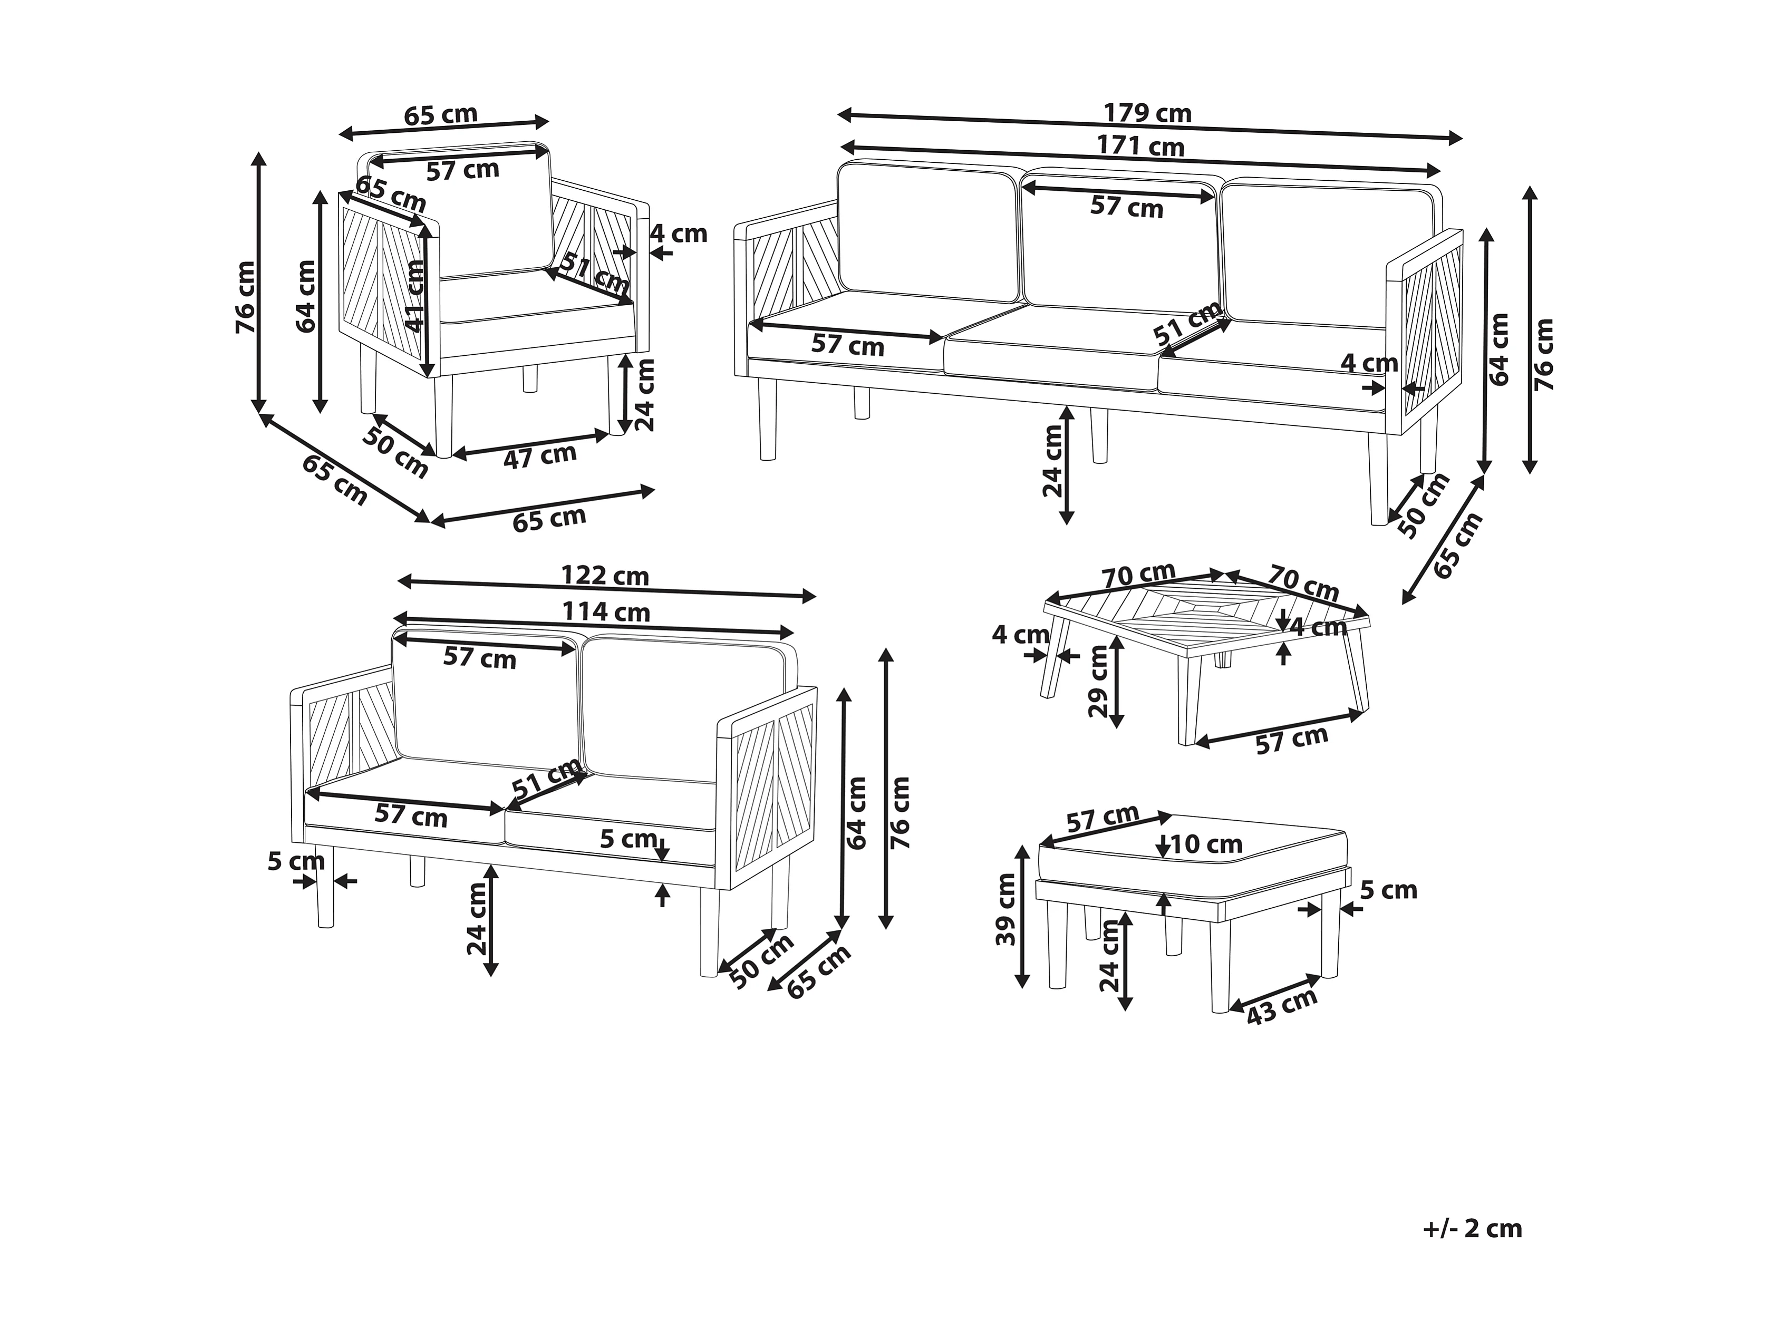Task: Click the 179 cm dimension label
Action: point(1148,113)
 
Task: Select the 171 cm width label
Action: point(1140,147)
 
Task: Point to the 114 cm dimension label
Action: point(606,612)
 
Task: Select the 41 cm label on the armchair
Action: point(415,295)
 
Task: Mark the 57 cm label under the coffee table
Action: point(1292,740)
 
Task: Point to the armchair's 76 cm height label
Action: point(245,297)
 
